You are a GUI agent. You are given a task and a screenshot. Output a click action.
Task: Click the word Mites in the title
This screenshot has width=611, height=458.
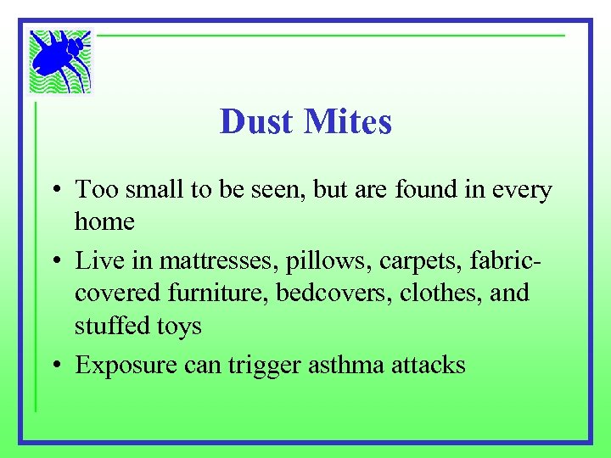click(x=347, y=122)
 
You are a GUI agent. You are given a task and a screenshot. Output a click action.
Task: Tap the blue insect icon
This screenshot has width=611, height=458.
click(x=59, y=61)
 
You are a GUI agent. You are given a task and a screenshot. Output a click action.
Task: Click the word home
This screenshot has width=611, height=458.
click(x=104, y=222)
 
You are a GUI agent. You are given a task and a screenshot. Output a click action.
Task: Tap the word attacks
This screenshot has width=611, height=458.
click(x=429, y=365)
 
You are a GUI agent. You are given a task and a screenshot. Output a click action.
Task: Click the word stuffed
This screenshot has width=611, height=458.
click(x=109, y=327)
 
